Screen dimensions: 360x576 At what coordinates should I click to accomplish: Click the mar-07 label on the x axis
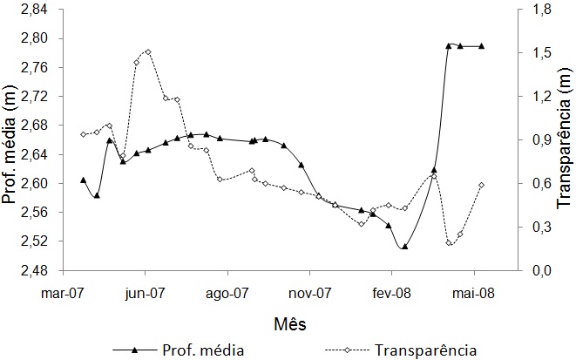pyautogui.click(x=62, y=295)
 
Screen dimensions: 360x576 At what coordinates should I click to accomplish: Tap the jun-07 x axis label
pyautogui.click(x=145, y=295)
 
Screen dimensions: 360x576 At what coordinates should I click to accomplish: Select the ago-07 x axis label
pyautogui.click(x=227, y=295)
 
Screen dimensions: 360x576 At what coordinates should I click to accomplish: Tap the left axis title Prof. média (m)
pyautogui.click(x=12, y=140)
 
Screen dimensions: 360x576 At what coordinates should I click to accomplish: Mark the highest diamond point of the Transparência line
pyautogui.click(x=148, y=51)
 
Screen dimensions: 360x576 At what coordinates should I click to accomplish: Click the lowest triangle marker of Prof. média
pyautogui.click(x=404, y=247)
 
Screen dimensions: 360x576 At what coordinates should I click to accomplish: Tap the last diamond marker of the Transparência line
pyautogui.click(x=482, y=185)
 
